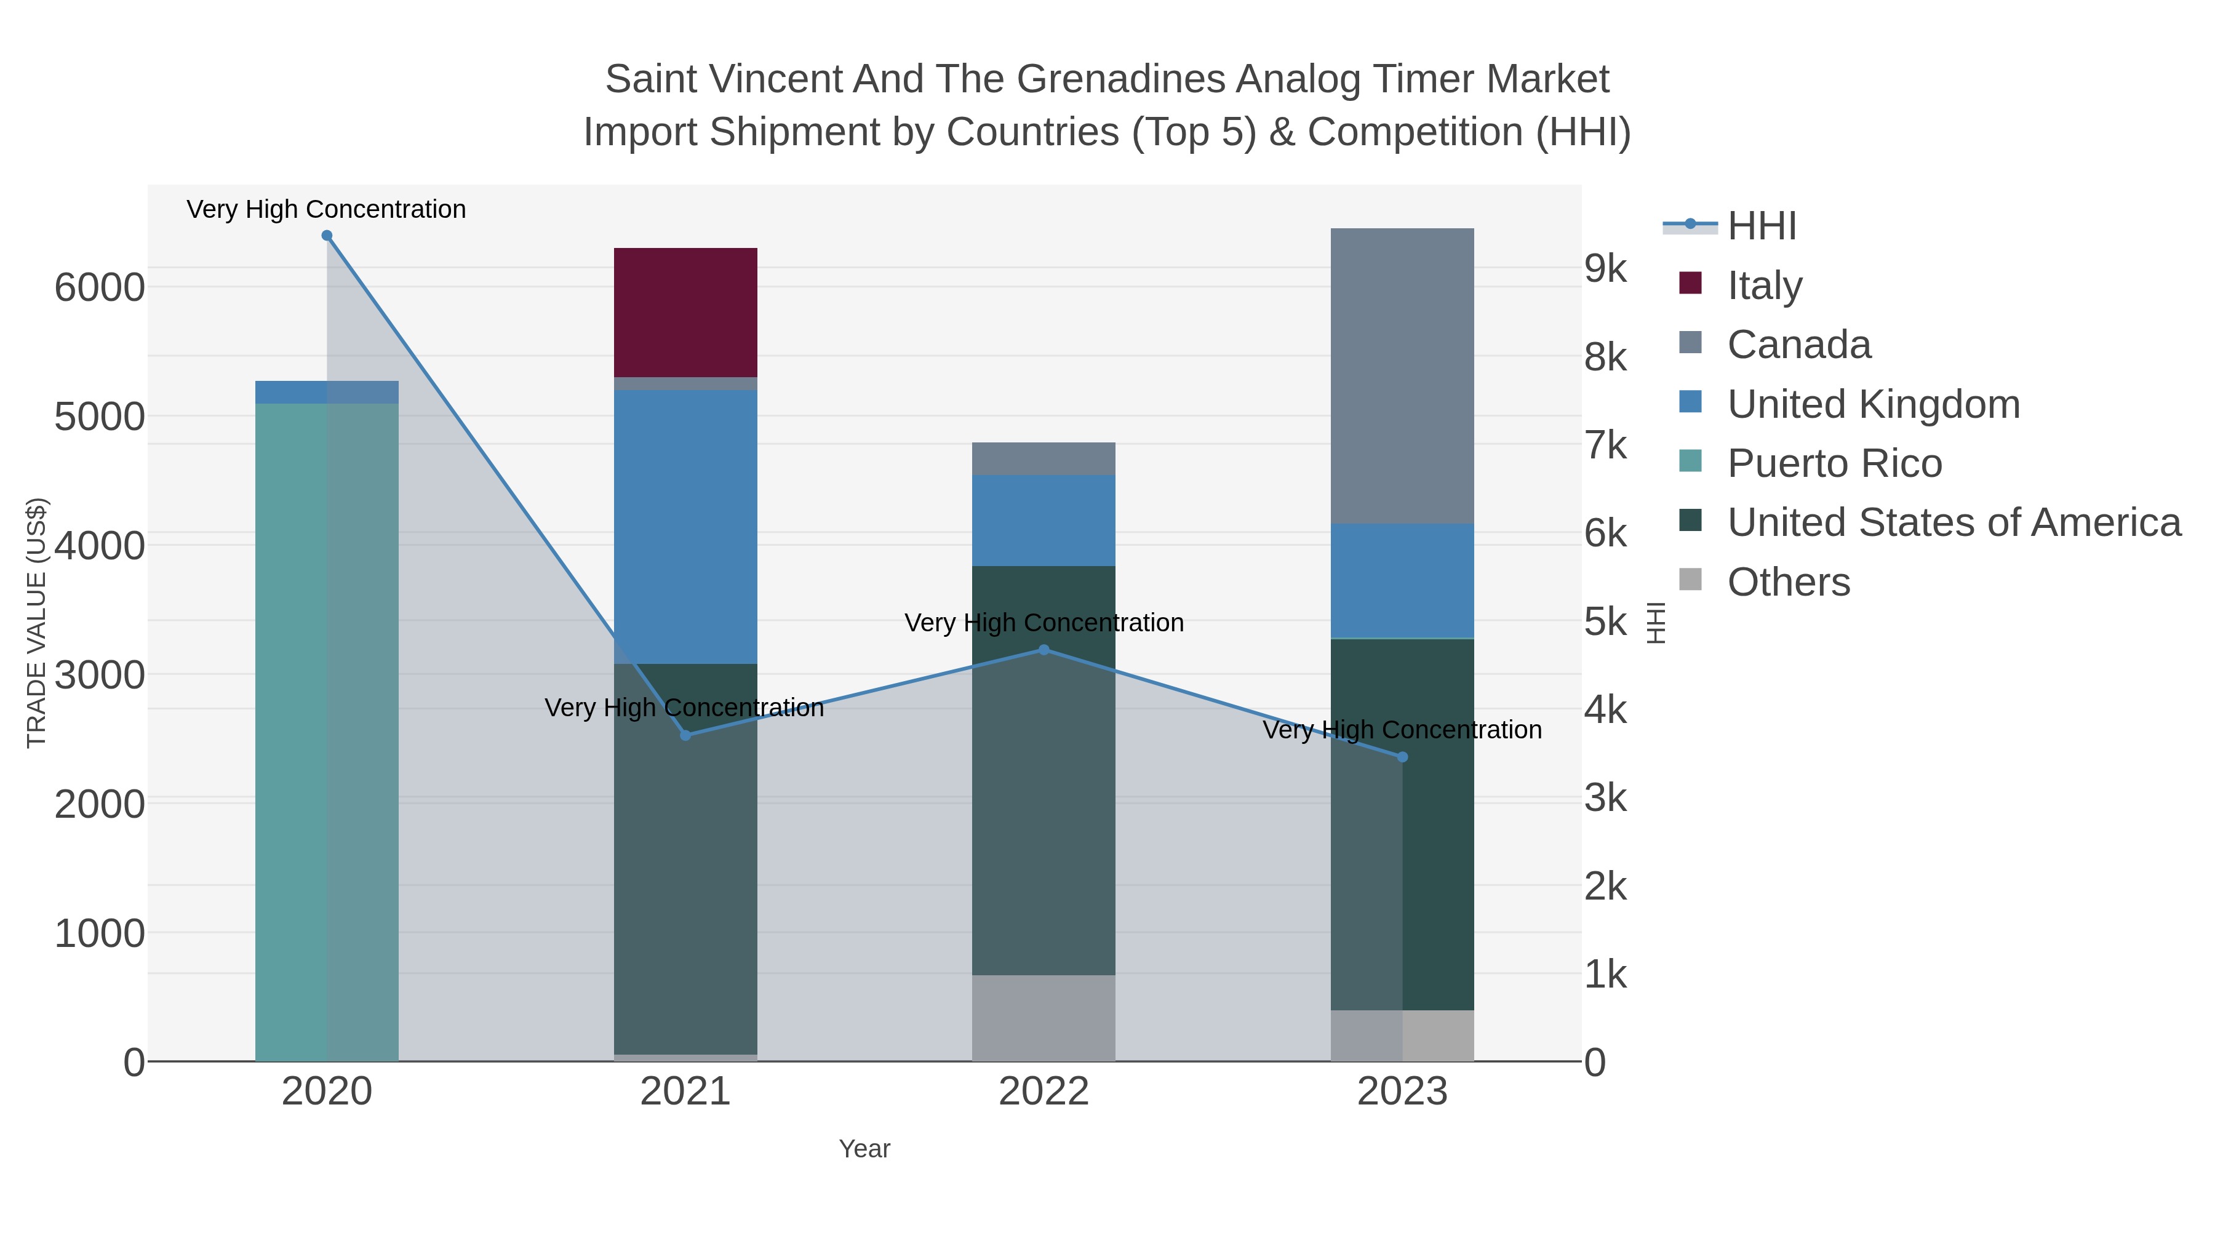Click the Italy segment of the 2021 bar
685,311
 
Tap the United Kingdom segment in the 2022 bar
1043,519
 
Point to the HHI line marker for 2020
327,236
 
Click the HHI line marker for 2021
685,735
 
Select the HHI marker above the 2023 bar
1402,757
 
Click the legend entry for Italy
1765,286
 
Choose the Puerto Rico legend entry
1834,463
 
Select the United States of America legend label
1954,523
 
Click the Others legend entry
1789,582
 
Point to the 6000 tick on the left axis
100,287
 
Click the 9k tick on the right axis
1605,268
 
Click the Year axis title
864,1149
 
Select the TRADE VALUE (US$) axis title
36,623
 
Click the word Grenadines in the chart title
1125,79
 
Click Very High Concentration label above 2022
1043,623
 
